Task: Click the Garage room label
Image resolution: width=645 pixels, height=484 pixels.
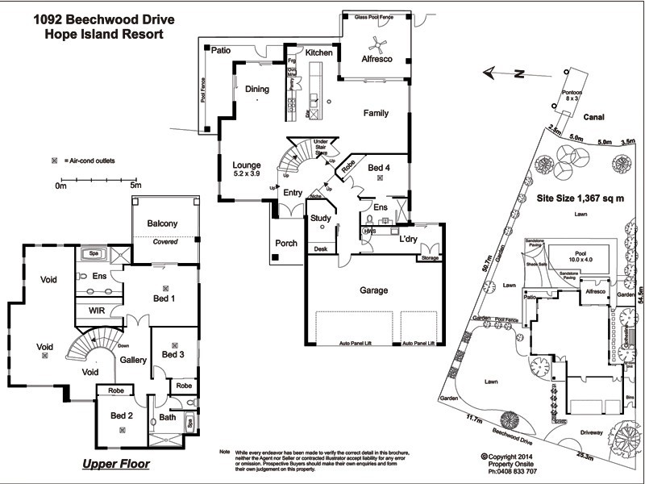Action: pos(373,290)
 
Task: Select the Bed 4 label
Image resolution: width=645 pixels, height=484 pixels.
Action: pos(379,168)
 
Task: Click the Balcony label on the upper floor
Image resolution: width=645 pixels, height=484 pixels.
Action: pos(162,223)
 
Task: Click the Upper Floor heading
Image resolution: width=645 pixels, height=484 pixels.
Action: pos(116,465)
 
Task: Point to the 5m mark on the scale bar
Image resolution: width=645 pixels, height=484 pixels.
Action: pos(135,186)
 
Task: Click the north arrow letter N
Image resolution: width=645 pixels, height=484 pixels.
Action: pos(521,73)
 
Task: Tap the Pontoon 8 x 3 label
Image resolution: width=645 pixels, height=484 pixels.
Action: pos(572,96)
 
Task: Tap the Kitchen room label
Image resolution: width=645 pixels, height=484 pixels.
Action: pos(318,52)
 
